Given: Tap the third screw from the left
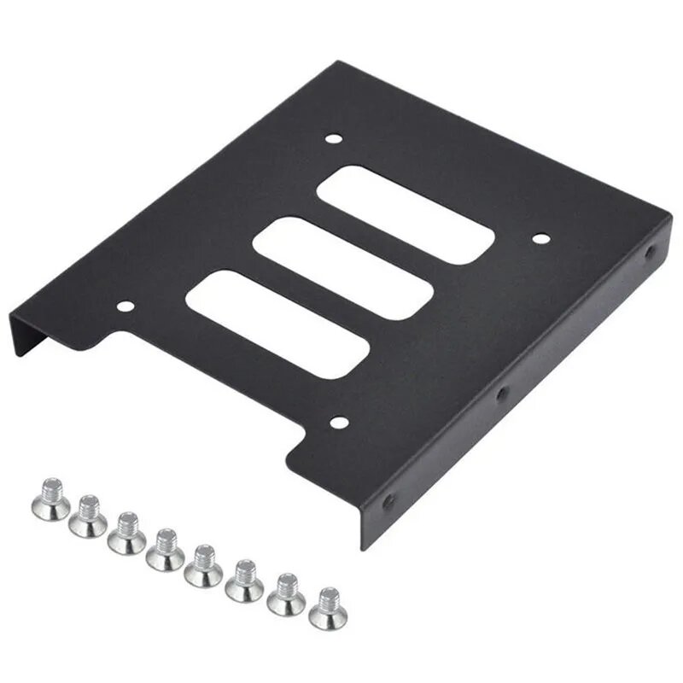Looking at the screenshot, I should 127,534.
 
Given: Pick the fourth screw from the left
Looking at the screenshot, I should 165,551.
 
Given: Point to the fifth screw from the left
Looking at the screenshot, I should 203,567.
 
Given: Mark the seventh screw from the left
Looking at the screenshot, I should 286,595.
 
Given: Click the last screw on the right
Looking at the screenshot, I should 328,609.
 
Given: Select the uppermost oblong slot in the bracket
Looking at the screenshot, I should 406,213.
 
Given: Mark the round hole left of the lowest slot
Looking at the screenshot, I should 126,306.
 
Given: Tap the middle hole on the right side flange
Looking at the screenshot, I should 502,393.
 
